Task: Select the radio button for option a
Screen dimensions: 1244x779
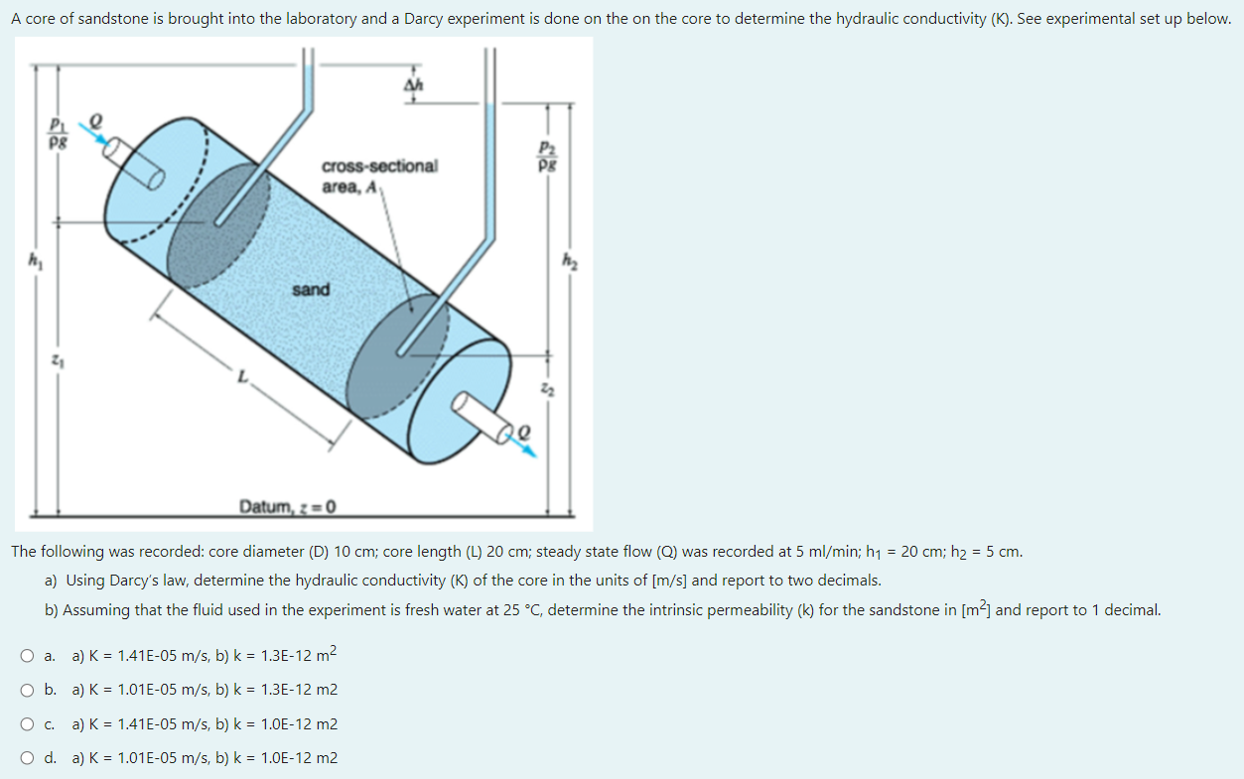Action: [x=27, y=656]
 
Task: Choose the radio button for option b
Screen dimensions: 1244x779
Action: [x=27, y=690]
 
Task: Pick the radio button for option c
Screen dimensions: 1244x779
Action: [x=27, y=724]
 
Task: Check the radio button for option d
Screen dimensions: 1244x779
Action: [x=27, y=758]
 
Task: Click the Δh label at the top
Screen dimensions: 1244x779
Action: [x=413, y=84]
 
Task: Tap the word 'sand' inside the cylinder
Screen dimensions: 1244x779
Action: [x=311, y=290]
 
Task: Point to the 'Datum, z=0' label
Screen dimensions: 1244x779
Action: [x=287, y=506]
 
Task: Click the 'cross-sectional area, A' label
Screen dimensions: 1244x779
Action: [x=380, y=176]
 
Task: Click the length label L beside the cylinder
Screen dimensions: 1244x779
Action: [x=242, y=376]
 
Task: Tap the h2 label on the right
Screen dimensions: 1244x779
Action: [x=570, y=260]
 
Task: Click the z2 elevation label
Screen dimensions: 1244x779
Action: [x=548, y=389]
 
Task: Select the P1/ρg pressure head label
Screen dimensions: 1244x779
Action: [x=59, y=133]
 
